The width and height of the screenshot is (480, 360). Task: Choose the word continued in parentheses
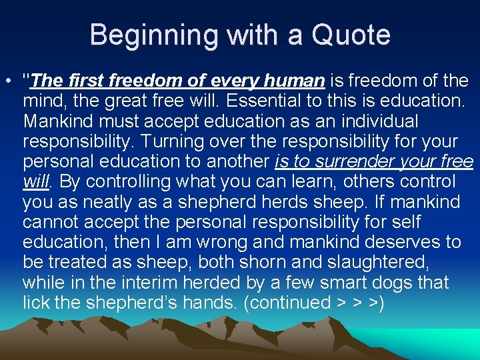click(x=288, y=301)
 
